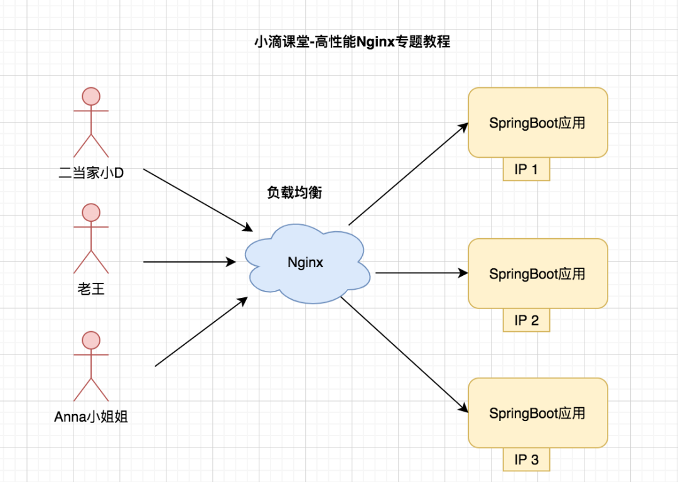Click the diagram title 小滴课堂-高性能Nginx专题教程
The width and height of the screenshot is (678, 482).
(x=352, y=43)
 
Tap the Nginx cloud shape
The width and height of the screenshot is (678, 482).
(x=306, y=263)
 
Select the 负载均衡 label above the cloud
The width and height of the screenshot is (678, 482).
(x=294, y=193)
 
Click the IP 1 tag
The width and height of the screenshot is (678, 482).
(x=526, y=170)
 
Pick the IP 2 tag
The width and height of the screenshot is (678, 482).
(x=526, y=320)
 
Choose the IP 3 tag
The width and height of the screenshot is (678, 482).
(x=526, y=459)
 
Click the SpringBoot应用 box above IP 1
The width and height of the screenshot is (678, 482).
(x=537, y=123)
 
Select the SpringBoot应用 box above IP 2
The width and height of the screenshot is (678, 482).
(x=537, y=273)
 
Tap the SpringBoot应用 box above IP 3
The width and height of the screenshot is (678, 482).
(x=537, y=413)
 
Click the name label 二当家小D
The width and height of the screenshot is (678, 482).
(x=91, y=173)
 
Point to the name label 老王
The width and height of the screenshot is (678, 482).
(x=91, y=289)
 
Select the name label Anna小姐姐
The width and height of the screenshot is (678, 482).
(x=91, y=417)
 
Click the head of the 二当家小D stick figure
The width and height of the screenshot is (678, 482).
(x=91, y=96)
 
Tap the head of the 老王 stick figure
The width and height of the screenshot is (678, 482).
(x=91, y=212)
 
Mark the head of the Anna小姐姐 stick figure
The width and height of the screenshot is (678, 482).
(x=91, y=340)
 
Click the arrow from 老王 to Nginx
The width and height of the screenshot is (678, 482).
(x=188, y=261)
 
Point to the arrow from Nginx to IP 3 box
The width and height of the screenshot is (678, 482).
(x=405, y=354)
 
